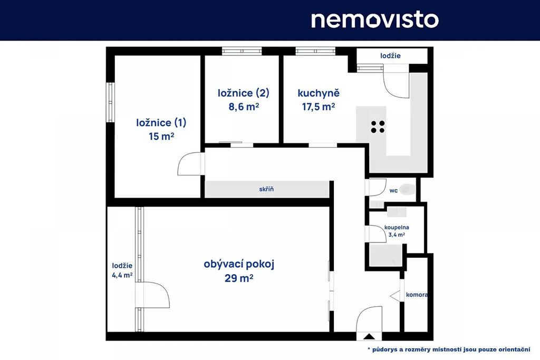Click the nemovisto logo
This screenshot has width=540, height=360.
375,20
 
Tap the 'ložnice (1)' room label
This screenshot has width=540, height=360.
161,122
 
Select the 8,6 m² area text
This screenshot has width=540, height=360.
244,106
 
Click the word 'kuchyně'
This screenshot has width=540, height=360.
319,93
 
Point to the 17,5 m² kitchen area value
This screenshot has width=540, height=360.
319,106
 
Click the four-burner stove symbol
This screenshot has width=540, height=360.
378,127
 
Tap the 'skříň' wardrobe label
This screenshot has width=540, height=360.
266,189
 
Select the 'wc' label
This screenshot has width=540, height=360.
393,190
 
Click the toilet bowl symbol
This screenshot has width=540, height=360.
408,189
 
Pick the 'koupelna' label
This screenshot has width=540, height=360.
397,228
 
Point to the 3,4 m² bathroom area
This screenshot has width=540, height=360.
397,235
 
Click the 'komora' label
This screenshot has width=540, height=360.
417,295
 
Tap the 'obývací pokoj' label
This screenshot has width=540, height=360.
239,264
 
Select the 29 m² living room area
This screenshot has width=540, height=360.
239,278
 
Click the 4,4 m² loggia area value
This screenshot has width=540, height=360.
122,275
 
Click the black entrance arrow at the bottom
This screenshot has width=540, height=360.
369,337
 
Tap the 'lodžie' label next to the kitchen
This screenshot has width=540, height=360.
391,56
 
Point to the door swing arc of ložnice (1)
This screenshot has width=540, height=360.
189,164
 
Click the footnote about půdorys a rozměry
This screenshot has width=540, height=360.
449,349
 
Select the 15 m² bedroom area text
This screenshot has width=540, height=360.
161,137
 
